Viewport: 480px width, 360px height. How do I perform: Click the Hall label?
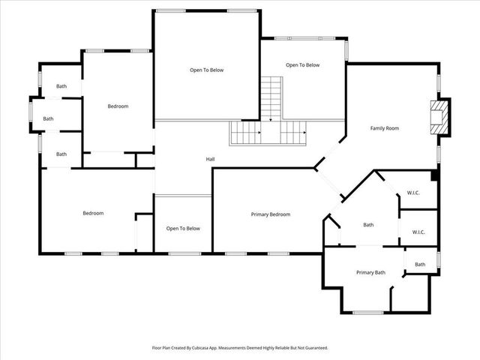point(211,159)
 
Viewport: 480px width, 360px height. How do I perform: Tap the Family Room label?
point(384,128)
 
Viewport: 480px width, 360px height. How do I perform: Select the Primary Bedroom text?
point(270,214)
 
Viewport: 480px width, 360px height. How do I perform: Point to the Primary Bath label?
point(370,272)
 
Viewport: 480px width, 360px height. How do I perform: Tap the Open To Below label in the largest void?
point(206,70)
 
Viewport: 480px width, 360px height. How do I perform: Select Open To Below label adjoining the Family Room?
point(302,65)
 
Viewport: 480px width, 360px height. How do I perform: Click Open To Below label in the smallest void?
point(183,229)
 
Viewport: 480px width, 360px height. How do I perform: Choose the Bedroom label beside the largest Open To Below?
point(118,106)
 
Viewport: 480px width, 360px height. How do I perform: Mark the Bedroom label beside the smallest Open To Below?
point(93,214)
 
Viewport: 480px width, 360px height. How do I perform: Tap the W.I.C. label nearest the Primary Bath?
point(418,232)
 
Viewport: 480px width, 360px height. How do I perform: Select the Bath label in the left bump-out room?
point(48,118)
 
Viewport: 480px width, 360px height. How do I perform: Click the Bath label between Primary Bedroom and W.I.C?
point(368,224)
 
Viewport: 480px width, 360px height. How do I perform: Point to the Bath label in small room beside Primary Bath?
point(420,264)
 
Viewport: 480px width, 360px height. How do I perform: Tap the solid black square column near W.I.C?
point(435,176)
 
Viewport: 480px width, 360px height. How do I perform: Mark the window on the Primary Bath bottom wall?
point(367,312)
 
